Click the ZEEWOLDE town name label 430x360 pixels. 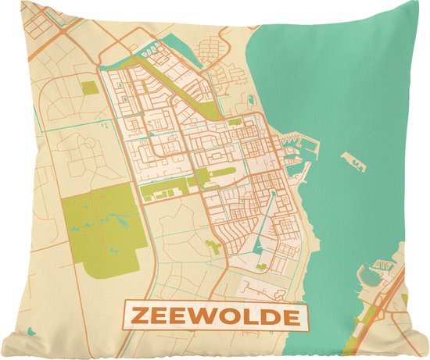(215, 317)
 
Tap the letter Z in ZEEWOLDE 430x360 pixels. (138, 317)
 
